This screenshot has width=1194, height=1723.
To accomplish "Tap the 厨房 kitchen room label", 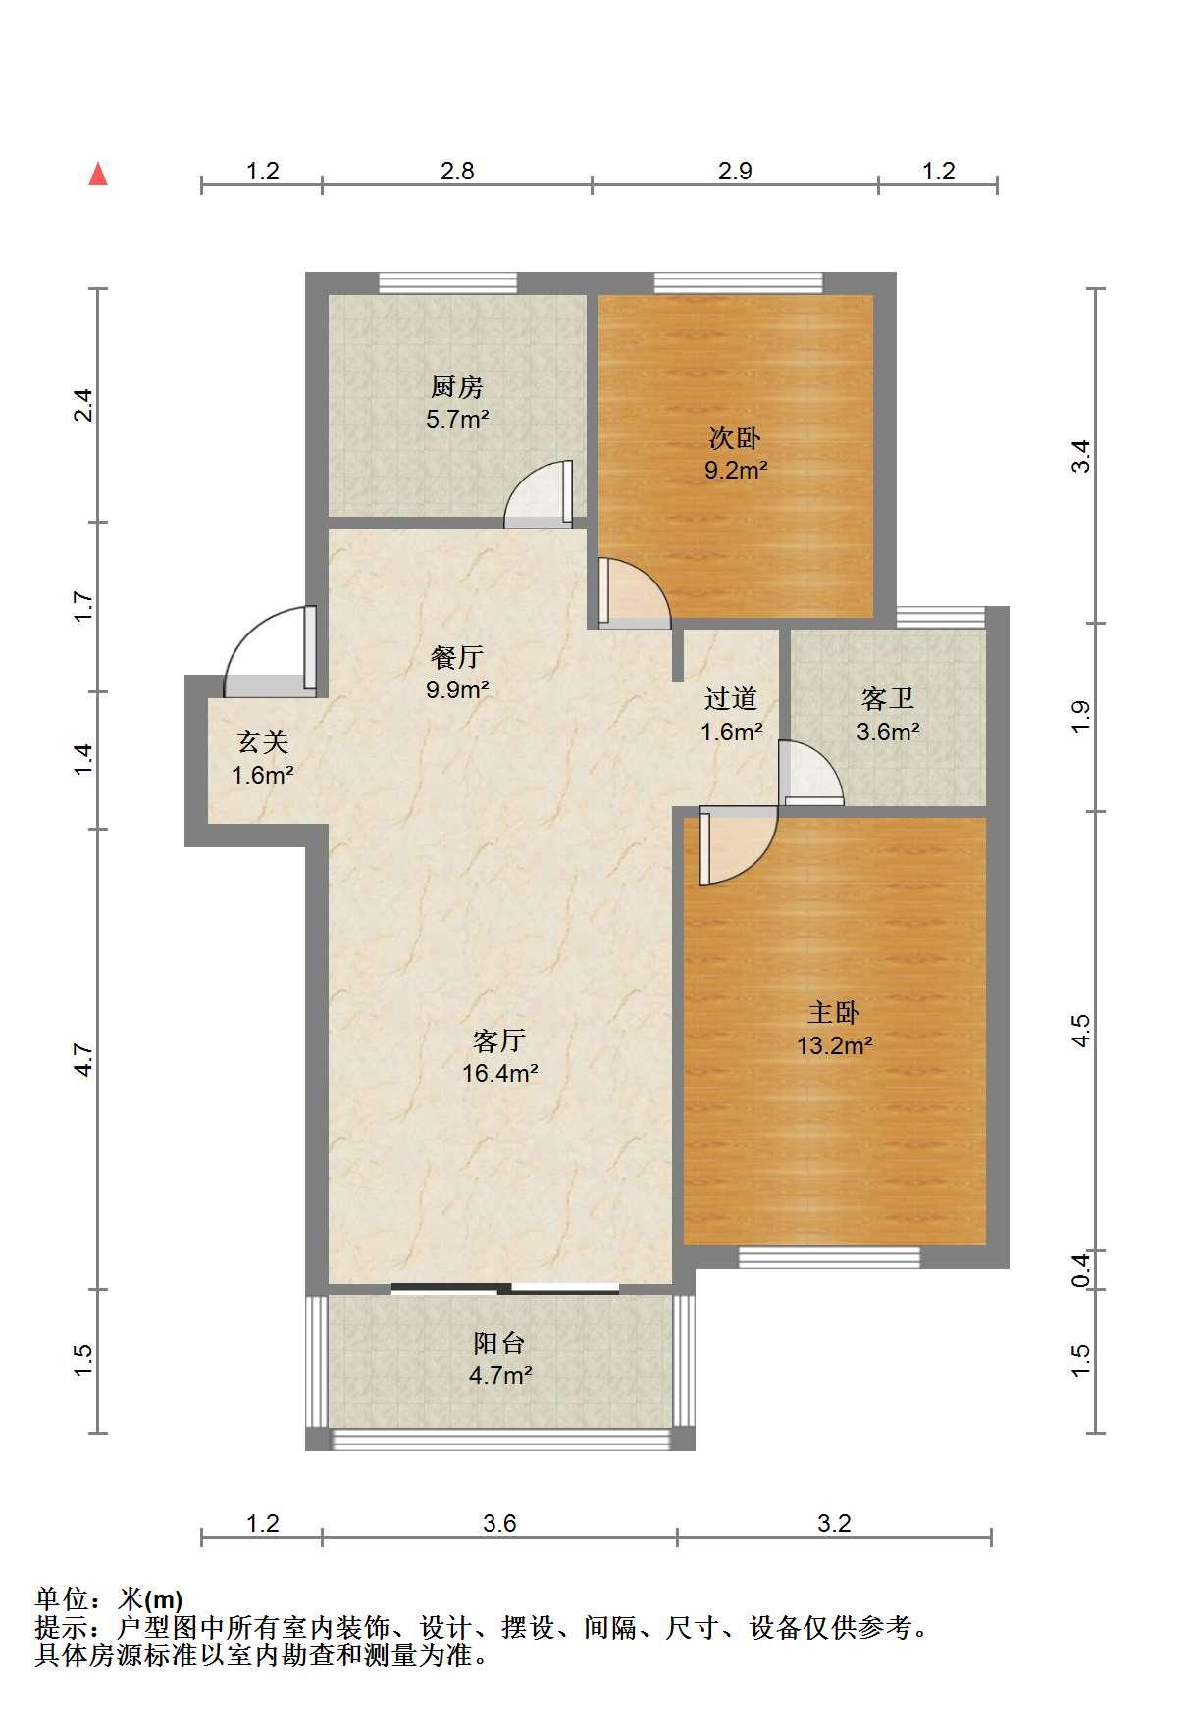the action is click(457, 387).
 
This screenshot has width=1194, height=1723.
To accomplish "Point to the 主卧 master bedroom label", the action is click(834, 1012).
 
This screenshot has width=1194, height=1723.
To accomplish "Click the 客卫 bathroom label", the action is click(888, 699).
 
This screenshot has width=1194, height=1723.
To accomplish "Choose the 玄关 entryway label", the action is click(263, 742).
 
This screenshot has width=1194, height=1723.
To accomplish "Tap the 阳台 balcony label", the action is click(499, 1343).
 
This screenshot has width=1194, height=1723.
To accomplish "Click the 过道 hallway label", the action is click(731, 699).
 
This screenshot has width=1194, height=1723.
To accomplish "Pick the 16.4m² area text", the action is click(500, 1073).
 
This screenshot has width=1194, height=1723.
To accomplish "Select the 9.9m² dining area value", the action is click(457, 689).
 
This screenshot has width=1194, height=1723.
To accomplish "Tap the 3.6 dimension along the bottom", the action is click(499, 1523).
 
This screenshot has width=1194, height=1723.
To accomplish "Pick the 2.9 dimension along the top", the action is click(735, 171).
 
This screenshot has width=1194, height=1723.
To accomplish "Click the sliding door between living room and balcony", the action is click(505, 1289).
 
